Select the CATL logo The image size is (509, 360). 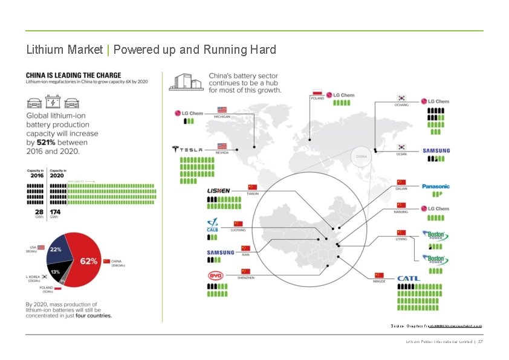click(x=409, y=278)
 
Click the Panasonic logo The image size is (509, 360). click(x=436, y=186)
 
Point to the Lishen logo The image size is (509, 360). click(x=218, y=191)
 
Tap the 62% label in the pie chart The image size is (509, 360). click(x=89, y=262)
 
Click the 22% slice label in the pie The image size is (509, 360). click(x=56, y=249)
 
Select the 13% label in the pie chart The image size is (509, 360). click(x=55, y=272)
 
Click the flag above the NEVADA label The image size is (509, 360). click(x=221, y=146)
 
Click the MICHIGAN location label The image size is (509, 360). click(x=222, y=116)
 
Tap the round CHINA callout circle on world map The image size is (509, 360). click(x=361, y=156)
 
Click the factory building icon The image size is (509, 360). click(x=185, y=82)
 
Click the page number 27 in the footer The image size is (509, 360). click(x=481, y=341)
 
